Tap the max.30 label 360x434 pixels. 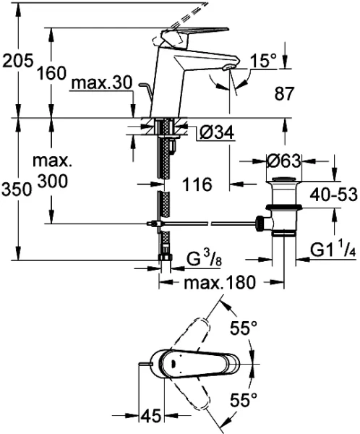[101, 85]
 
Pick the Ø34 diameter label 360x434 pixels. [215, 132]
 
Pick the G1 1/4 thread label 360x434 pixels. [331, 250]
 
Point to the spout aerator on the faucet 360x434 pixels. [228, 68]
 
